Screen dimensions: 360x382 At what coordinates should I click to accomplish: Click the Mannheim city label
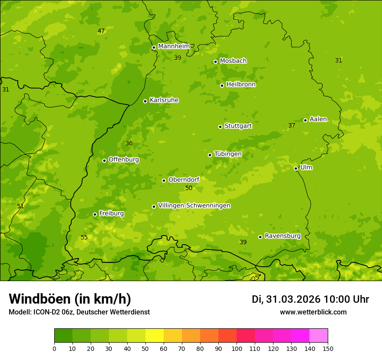(x=174, y=46)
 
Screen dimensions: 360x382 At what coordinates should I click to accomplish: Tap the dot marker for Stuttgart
(x=220, y=127)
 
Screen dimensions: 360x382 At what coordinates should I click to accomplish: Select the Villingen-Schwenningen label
(x=194, y=206)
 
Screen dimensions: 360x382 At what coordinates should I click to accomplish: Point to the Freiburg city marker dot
(x=95, y=214)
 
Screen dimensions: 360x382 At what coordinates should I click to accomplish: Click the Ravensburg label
(x=283, y=236)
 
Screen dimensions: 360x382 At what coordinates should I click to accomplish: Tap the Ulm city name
(x=306, y=167)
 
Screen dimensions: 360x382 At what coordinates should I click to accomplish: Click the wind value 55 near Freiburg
(x=84, y=237)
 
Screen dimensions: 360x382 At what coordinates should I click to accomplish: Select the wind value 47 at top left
(x=101, y=31)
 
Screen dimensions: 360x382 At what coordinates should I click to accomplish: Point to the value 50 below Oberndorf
(x=189, y=188)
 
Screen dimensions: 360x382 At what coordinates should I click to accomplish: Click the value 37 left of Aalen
(x=292, y=125)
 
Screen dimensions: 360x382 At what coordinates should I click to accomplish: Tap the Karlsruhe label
(x=164, y=100)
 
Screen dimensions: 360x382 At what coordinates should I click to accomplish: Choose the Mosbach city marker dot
(x=215, y=62)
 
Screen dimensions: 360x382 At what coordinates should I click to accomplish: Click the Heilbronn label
(x=241, y=85)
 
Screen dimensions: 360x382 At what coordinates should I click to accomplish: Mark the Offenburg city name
(x=124, y=160)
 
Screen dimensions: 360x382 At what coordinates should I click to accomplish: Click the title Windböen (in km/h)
(x=69, y=299)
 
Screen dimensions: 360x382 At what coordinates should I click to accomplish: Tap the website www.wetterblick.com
(x=313, y=312)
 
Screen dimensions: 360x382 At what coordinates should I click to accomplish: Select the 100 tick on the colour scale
(x=237, y=349)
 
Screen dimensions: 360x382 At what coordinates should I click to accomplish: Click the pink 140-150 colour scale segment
(x=319, y=336)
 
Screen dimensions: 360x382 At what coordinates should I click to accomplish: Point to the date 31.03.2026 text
(x=293, y=299)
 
